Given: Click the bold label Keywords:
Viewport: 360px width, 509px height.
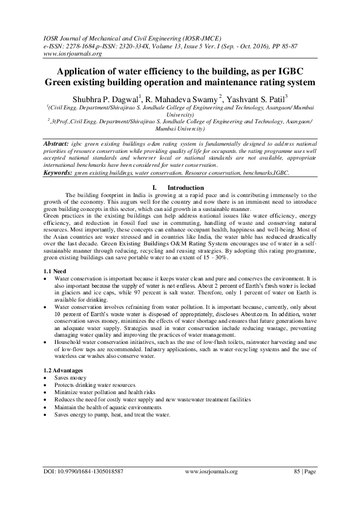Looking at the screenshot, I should [x=59, y=173].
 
